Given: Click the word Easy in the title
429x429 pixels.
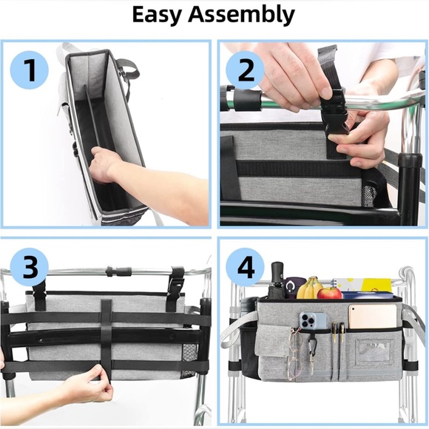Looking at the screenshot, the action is pos(155,14).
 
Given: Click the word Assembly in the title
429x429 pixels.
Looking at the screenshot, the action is pos(241,14).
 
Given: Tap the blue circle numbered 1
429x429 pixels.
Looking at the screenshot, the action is pos(30,70).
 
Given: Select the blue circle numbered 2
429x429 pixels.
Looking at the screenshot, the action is pos(246,70).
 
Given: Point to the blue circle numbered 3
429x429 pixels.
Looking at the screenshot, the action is pos(30,267).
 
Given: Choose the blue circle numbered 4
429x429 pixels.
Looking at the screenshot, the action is pos(246,267).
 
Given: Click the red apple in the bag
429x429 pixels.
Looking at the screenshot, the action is pos(329,293).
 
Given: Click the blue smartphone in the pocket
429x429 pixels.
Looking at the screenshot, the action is pos(313,321).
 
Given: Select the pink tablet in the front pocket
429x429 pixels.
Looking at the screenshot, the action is pos(372,316).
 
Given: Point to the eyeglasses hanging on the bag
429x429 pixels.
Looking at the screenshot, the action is pos(295,351).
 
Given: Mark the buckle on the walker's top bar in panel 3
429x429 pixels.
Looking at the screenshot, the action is pos(120,271).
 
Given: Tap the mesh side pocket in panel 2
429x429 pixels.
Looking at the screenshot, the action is pos(369,195).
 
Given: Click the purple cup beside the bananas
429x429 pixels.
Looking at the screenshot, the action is pos(291,288).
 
